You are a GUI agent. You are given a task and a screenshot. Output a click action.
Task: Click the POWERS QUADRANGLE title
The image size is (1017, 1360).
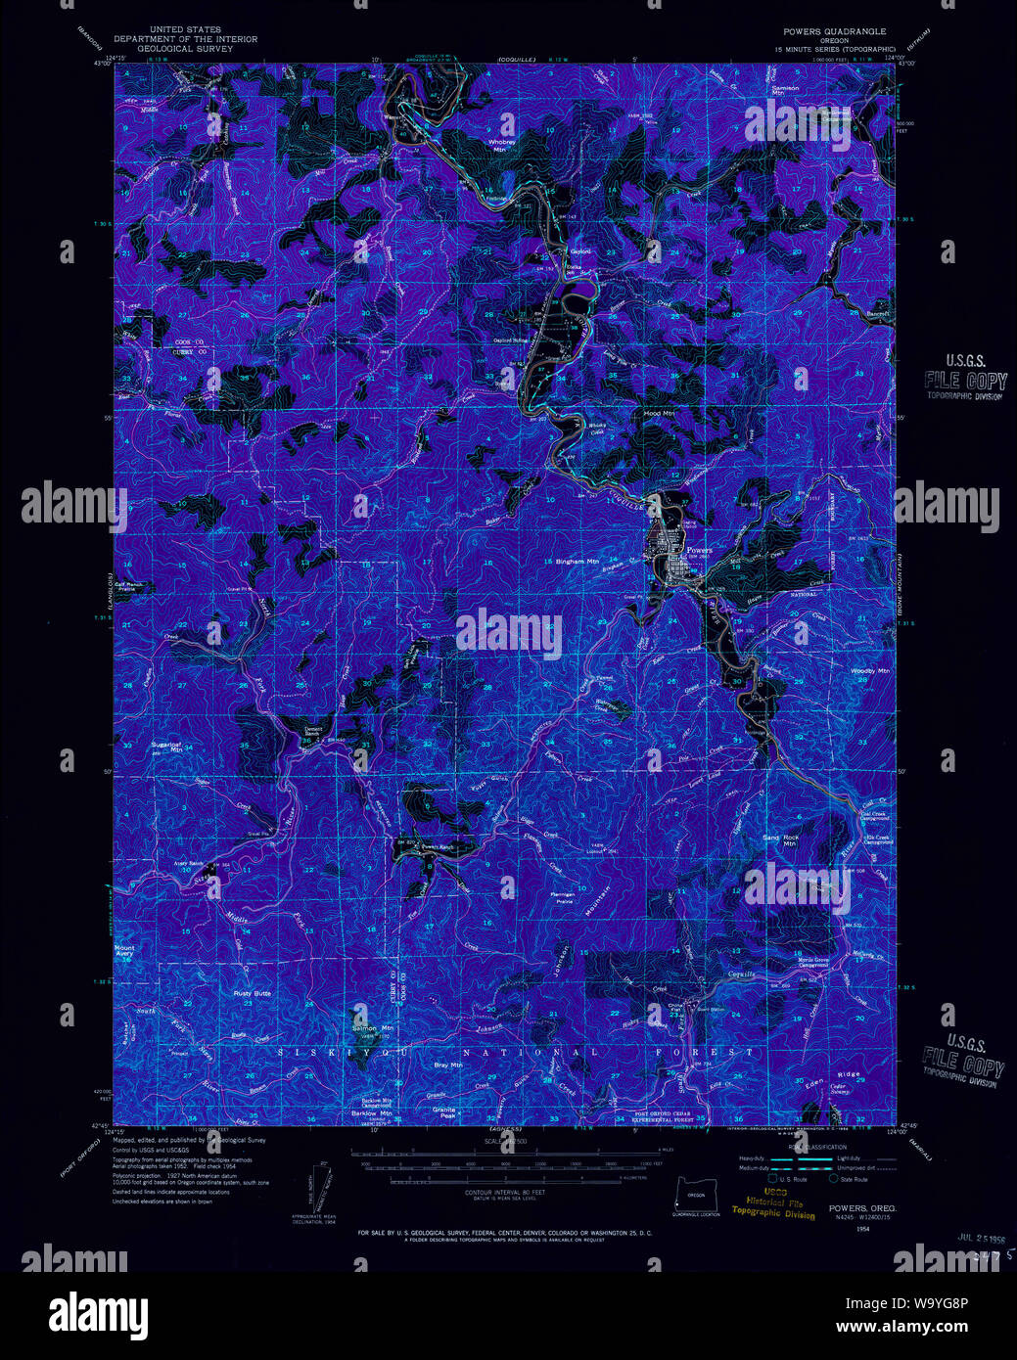click(834, 31)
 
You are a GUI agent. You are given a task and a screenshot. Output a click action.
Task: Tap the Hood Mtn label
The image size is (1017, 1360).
click(659, 414)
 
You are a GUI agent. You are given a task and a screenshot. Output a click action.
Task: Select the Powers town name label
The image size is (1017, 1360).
click(699, 550)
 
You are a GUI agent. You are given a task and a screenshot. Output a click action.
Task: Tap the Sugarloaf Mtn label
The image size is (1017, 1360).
click(166, 747)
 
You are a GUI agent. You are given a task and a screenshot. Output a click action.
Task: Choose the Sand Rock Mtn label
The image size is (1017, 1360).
click(781, 840)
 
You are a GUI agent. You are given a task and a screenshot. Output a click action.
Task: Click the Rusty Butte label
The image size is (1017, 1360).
click(252, 993)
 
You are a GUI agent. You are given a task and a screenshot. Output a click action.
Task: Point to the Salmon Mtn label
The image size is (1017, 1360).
click(373, 1028)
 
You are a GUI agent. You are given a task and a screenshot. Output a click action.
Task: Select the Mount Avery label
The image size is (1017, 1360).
click(125, 950)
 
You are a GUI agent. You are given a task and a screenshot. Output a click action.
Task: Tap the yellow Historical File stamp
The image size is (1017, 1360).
click(773, 1206)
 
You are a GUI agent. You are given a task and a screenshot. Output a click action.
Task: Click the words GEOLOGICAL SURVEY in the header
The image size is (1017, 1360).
click(186, 48)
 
